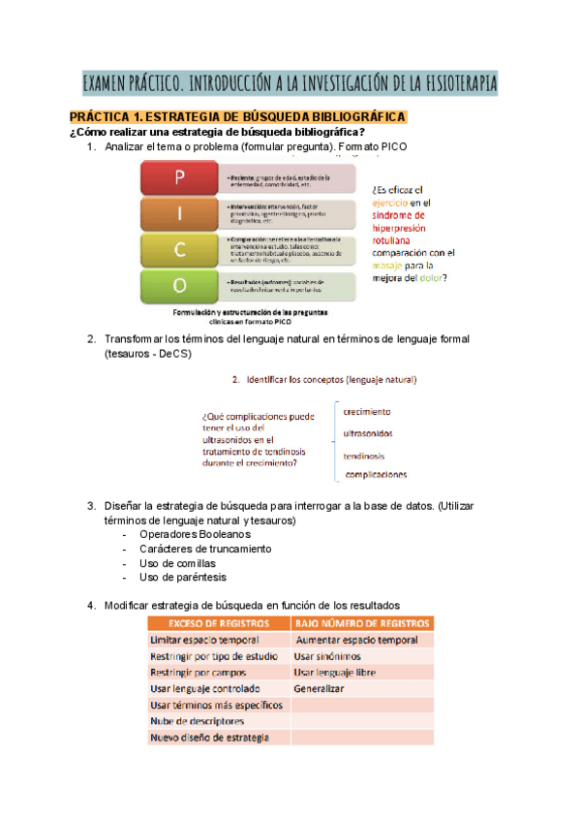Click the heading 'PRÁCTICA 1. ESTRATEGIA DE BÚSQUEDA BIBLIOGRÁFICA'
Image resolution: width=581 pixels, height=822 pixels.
point(238,117)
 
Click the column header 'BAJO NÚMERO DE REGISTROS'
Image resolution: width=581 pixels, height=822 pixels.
point(361,623)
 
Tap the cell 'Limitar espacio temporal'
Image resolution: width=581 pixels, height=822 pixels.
point(204,641)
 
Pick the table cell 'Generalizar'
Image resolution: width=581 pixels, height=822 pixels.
point(319,688)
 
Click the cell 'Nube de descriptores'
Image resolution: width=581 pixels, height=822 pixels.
point(197,721)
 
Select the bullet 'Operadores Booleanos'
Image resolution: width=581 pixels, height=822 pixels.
point(195,534)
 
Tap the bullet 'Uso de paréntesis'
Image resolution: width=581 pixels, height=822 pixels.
point(183,578)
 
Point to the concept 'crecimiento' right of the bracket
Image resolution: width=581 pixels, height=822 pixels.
point(367,411)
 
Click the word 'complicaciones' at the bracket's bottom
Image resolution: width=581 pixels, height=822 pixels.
point(376,475)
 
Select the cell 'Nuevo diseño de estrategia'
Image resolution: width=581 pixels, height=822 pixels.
point(209,738)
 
